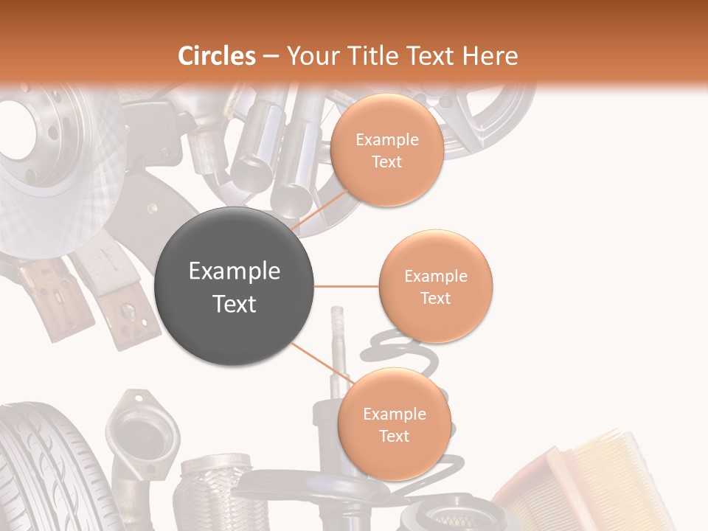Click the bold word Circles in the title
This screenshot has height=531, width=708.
click(x=215, y=56)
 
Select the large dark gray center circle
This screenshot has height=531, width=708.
click(x=235, y=287)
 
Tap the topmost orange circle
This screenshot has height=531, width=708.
click(x=386, y=150)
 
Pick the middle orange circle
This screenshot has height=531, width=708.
click(x=435, y=287)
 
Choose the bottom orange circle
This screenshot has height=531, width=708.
click(x=394, y=425)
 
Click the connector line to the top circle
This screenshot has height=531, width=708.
click(x=322, y=211)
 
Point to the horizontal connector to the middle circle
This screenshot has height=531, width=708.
click(x=346, y=286)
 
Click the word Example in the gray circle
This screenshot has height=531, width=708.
click(x=235, y=271)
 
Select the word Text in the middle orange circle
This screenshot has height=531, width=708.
click(x=435, y=298)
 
